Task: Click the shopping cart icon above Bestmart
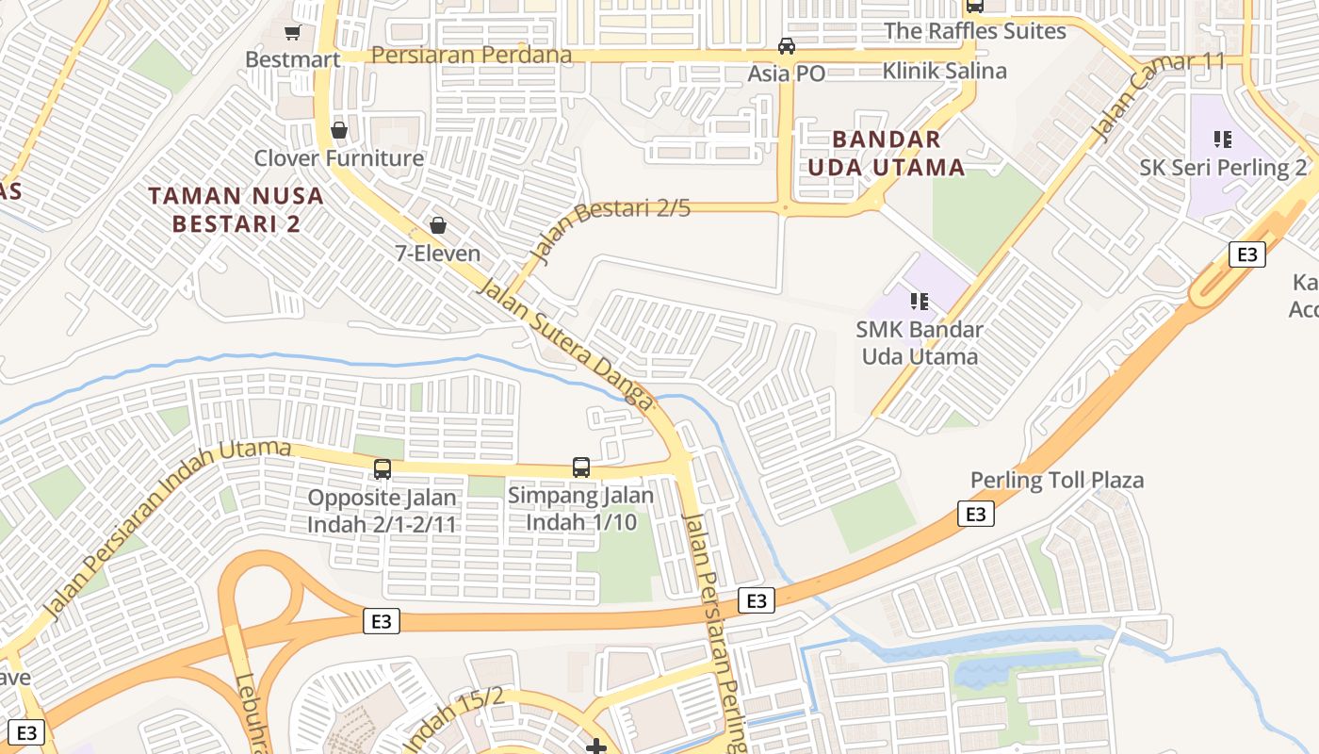tap(292, 33)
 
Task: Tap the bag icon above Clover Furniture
tap(338, 130)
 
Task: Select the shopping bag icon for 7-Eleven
tap(437, 225)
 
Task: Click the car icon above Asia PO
tap(786, 46)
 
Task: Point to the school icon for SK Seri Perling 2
tap(1223, 140)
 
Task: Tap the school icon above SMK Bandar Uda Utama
tap(920, 302)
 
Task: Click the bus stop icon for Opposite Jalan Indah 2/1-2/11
tap(383, 468)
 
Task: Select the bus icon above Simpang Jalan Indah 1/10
tap(581, 467)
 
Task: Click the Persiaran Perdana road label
tap(471, 55)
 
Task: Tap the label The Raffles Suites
tap(974, 31)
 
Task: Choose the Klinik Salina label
tap(944, 71)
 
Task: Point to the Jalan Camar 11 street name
tap(1158, 95)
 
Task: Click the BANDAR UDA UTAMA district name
tap(886, 154)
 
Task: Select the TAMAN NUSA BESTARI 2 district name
tap(236, 210)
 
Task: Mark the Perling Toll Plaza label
tap(1057, 481)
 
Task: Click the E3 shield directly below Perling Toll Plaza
tap(976, 514)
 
